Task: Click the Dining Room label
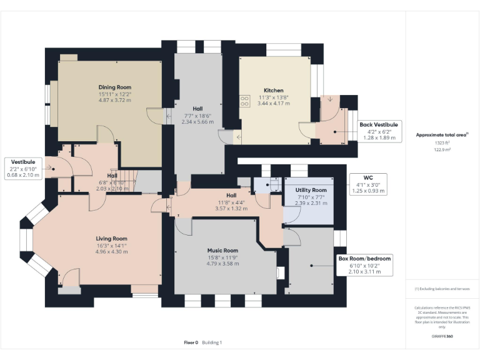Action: tap(114, 87)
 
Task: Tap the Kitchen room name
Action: tap(273, 91)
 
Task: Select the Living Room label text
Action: tap(111, 239)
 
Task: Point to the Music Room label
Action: tap(223, 251)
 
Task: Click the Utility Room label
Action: tap(311, 190)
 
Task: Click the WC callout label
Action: tap(359, 177)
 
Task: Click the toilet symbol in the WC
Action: tap(273, 185)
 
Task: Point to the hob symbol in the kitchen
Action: tap(242, 101)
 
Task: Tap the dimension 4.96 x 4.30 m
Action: tap(111, 252)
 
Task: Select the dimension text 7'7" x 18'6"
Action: tap(197, 116)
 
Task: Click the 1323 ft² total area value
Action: tap(442, 142)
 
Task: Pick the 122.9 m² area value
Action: tap(442, 150)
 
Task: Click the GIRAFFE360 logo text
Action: tap(442, 337)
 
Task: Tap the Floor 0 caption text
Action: tap(191, 342)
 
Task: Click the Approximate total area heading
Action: tap(441, 134)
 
